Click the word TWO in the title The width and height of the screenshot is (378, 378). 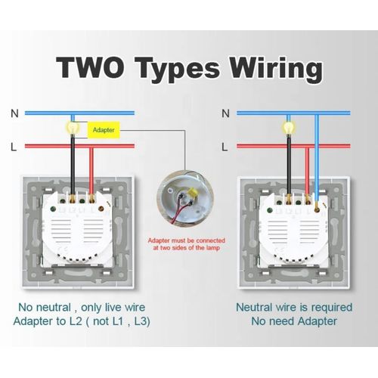point(90,67)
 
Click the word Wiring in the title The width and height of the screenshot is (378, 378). point(277,70)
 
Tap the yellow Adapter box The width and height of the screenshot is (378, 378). point(104,130)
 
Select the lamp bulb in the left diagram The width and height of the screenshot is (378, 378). point(73,128)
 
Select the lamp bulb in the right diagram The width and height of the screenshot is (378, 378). point(289,128)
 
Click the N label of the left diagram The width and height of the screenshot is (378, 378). point(14,113)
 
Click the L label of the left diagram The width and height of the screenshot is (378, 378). point(14,147)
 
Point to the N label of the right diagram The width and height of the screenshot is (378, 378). point(225,113)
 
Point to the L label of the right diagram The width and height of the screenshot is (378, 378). point(225,147)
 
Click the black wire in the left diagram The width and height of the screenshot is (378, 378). point(73,165)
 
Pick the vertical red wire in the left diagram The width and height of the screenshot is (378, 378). point(91,172)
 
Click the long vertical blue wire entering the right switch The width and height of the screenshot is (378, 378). point(317,159)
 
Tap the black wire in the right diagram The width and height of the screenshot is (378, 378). point(289,165)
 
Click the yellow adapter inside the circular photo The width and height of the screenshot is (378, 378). point(193,194)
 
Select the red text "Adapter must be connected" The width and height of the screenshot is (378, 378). point(186,240)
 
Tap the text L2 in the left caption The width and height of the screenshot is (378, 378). point(76,321)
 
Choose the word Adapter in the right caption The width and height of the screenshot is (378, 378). point(317,322)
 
